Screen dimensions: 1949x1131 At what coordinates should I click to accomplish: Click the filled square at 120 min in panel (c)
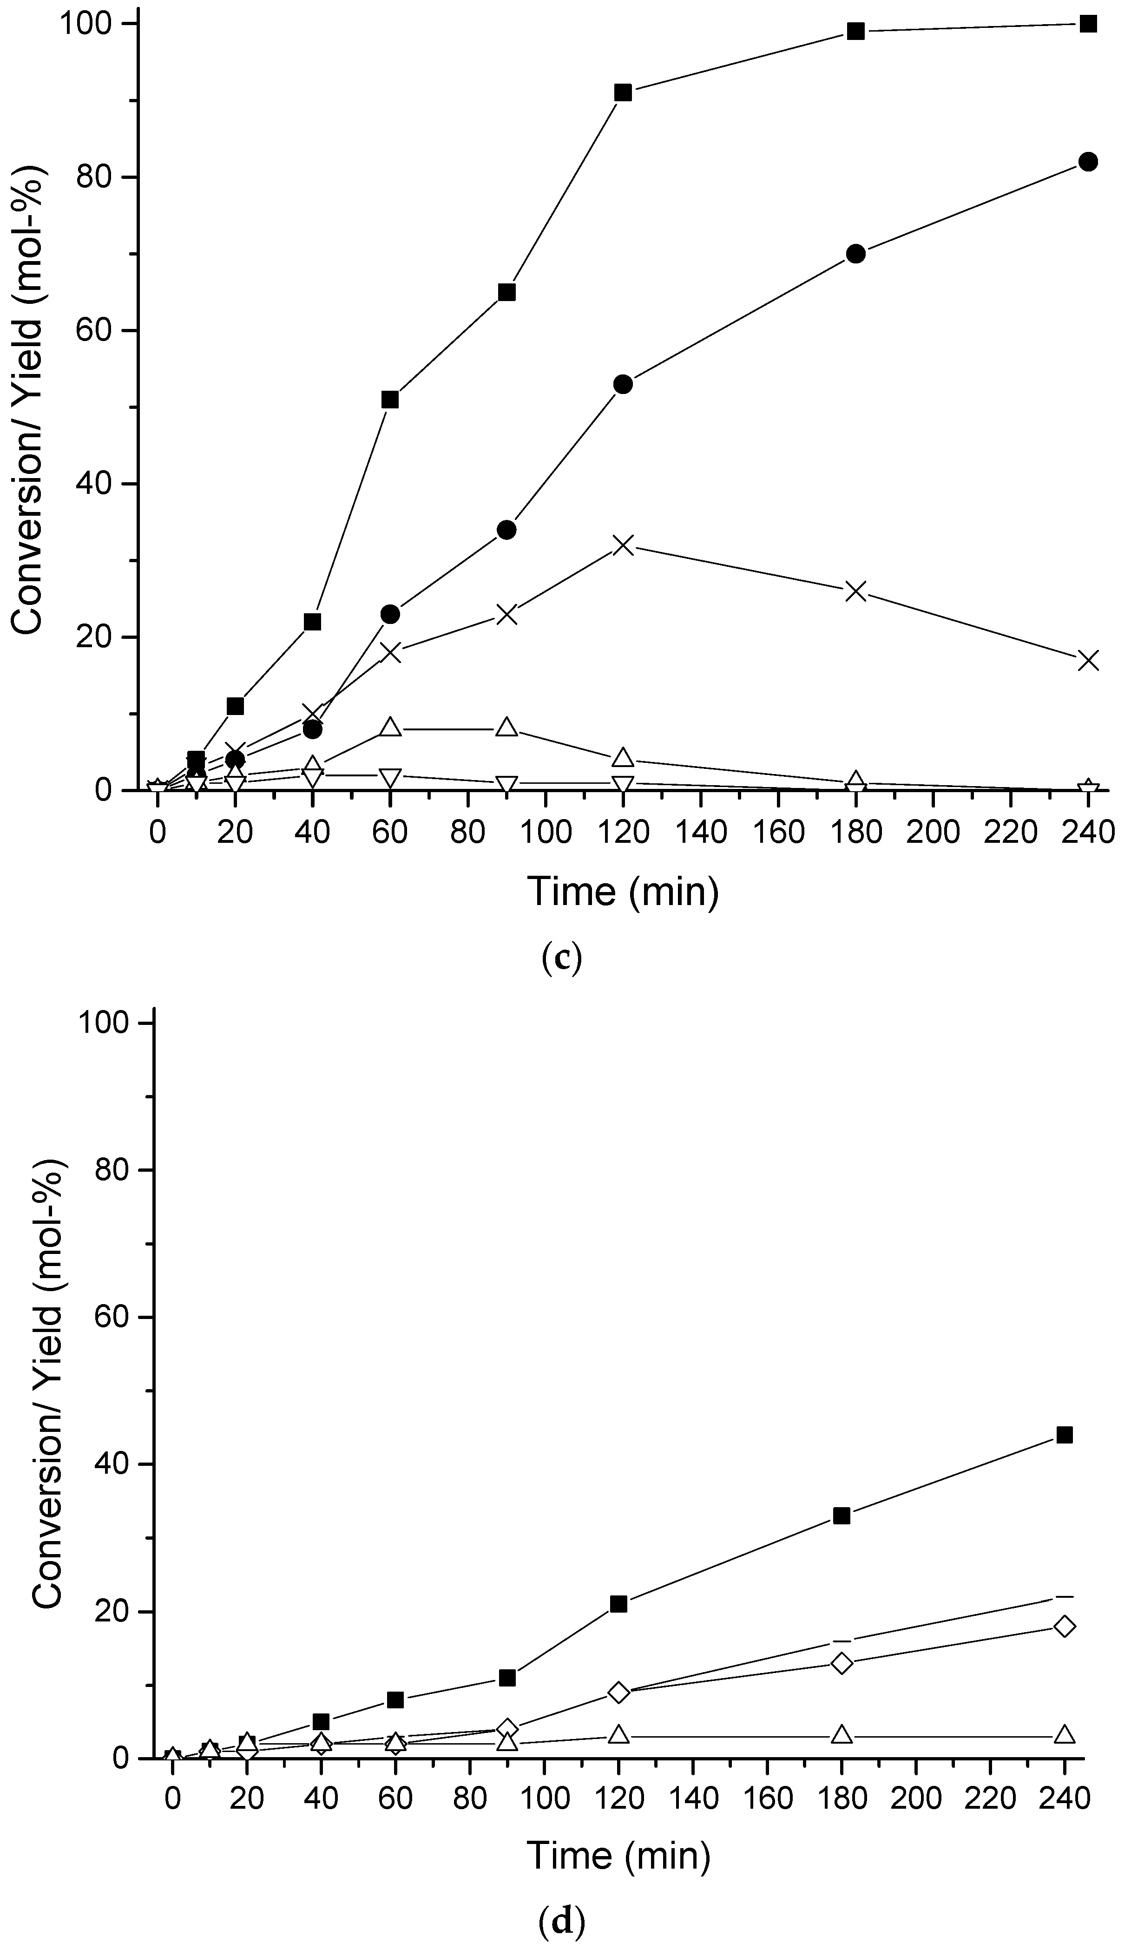[623, 93]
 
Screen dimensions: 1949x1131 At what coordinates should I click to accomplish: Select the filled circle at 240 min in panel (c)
[1088, 162]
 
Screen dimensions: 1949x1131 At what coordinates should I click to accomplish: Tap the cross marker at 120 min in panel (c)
[623, 545]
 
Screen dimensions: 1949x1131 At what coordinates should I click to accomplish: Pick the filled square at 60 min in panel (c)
[390, 399]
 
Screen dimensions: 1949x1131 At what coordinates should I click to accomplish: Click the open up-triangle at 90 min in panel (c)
[506, 727]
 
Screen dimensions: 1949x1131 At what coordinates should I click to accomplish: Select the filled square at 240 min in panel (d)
[1065, 1435]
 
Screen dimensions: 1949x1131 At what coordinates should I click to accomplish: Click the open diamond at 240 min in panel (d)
[1065, 1627]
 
